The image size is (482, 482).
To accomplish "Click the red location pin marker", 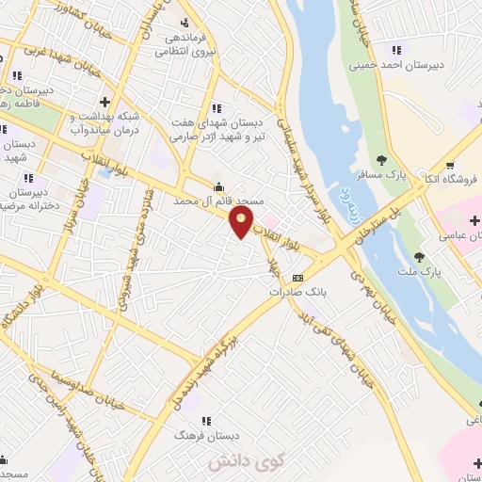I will tap(242, 222).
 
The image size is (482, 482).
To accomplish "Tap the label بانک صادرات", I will tap(290, 292).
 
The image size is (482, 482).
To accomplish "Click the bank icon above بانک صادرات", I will tap(297, 278).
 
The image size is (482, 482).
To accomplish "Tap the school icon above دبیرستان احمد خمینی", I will tap(396, 50).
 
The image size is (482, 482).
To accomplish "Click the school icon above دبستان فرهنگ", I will tap(206, 421).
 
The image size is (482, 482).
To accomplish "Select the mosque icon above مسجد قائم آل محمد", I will tap(219, 185).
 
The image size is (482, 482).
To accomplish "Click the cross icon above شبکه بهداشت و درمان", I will tap(105, 101).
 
